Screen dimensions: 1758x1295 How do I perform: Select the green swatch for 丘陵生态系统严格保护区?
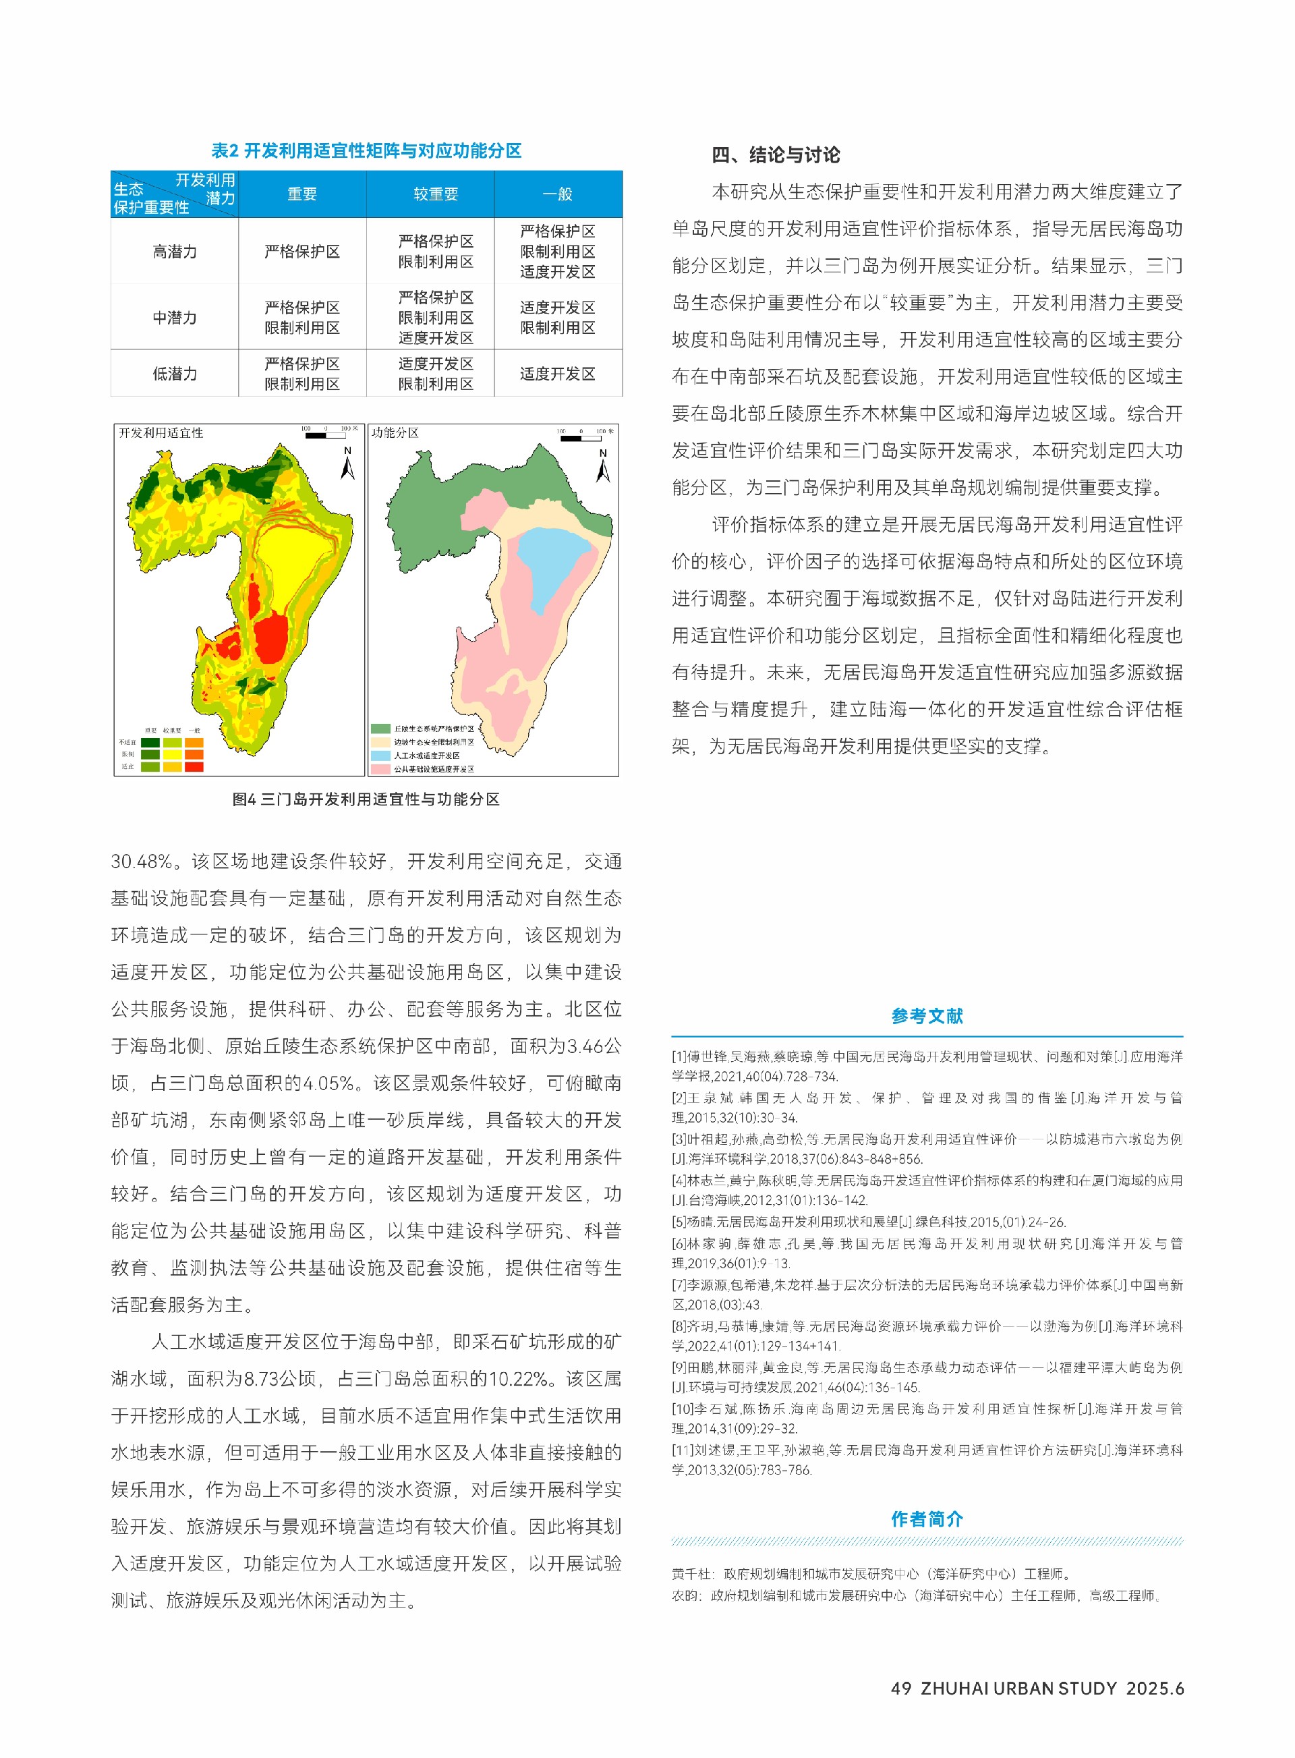coord(381,729)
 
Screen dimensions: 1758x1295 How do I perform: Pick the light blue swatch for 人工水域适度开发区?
coord(381,755)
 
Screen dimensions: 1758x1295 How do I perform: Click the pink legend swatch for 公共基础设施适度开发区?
coord(381,768)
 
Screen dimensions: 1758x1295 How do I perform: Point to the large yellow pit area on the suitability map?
coord(301,565)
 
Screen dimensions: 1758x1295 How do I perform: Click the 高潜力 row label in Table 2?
coord(174,252)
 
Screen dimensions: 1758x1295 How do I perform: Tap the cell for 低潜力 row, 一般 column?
coord(557,373)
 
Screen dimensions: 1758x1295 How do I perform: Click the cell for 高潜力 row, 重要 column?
coord(301,252)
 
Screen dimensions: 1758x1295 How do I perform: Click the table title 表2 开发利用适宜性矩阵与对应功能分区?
coord(366,150)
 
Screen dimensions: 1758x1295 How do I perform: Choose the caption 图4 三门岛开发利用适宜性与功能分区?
coord(366,799)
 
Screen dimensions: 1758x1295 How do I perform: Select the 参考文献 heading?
coord(927,1015)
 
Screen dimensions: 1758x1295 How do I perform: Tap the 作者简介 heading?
coord(927,1519)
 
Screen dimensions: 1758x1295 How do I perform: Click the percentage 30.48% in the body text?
coord(141,861)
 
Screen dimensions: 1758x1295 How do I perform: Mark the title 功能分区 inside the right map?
coord(395,433)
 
